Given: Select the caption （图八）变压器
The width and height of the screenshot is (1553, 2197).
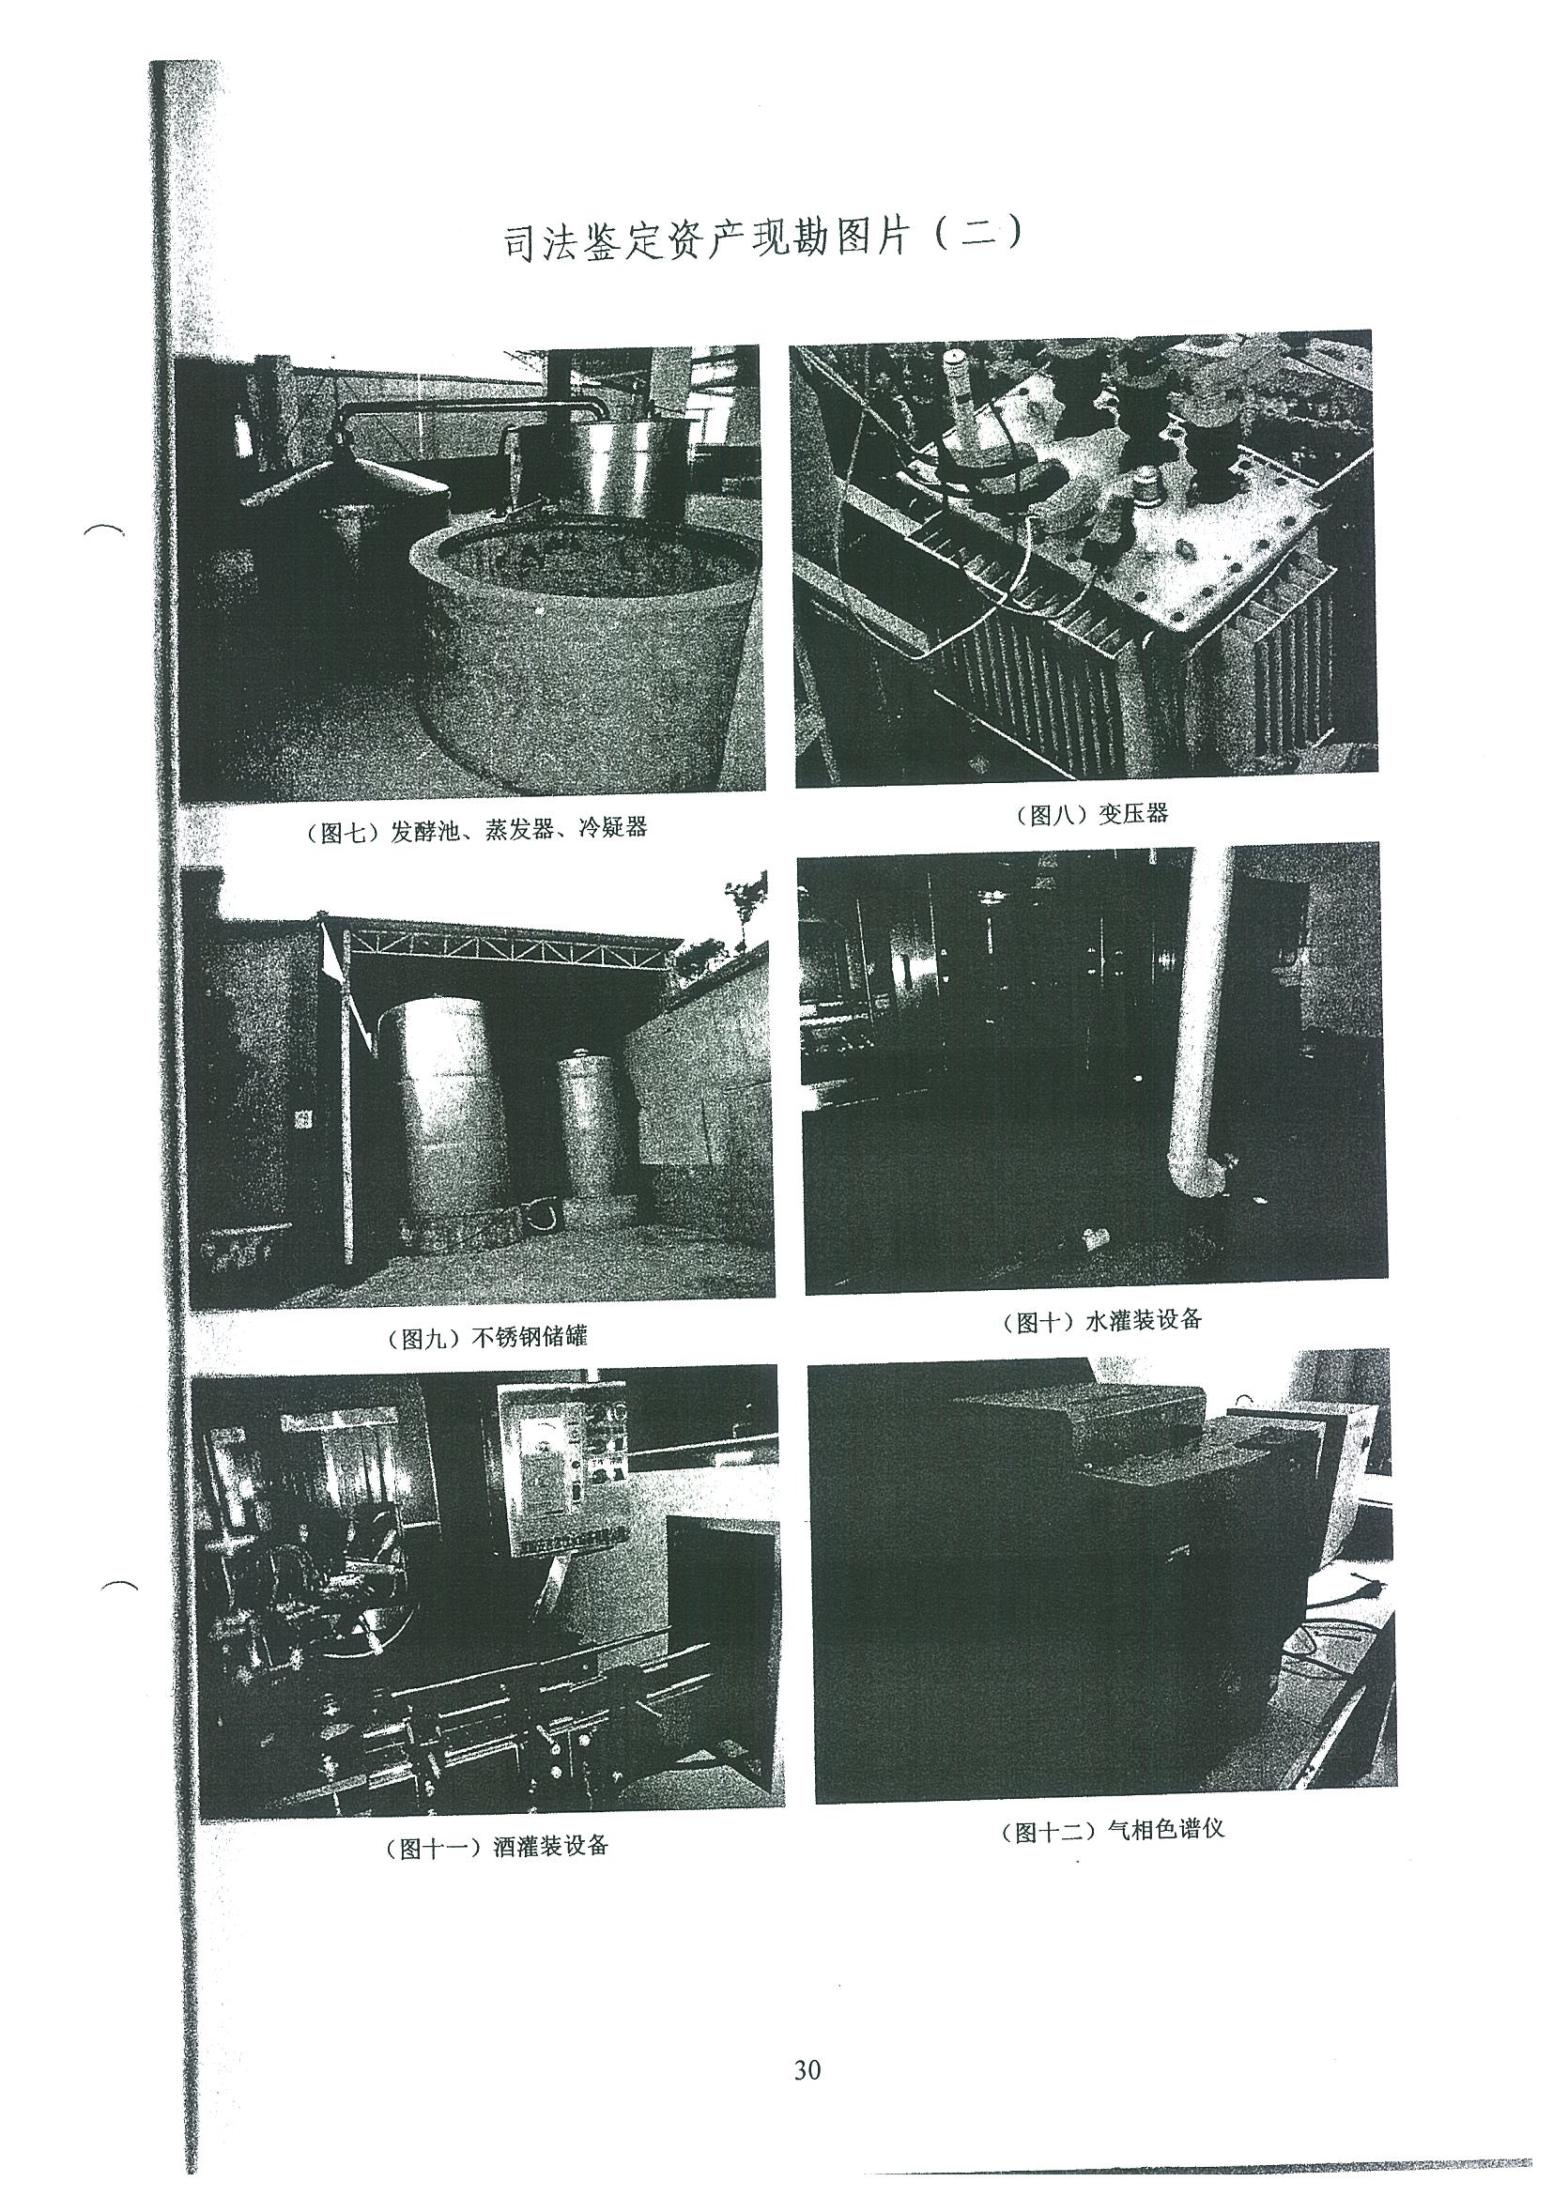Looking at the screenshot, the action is tap(1090, 814).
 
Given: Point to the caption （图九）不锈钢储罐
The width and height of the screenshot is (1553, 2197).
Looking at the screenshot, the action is tap(487, 1337).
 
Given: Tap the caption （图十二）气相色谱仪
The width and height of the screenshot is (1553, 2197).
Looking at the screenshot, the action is tap(1111, 1831).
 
